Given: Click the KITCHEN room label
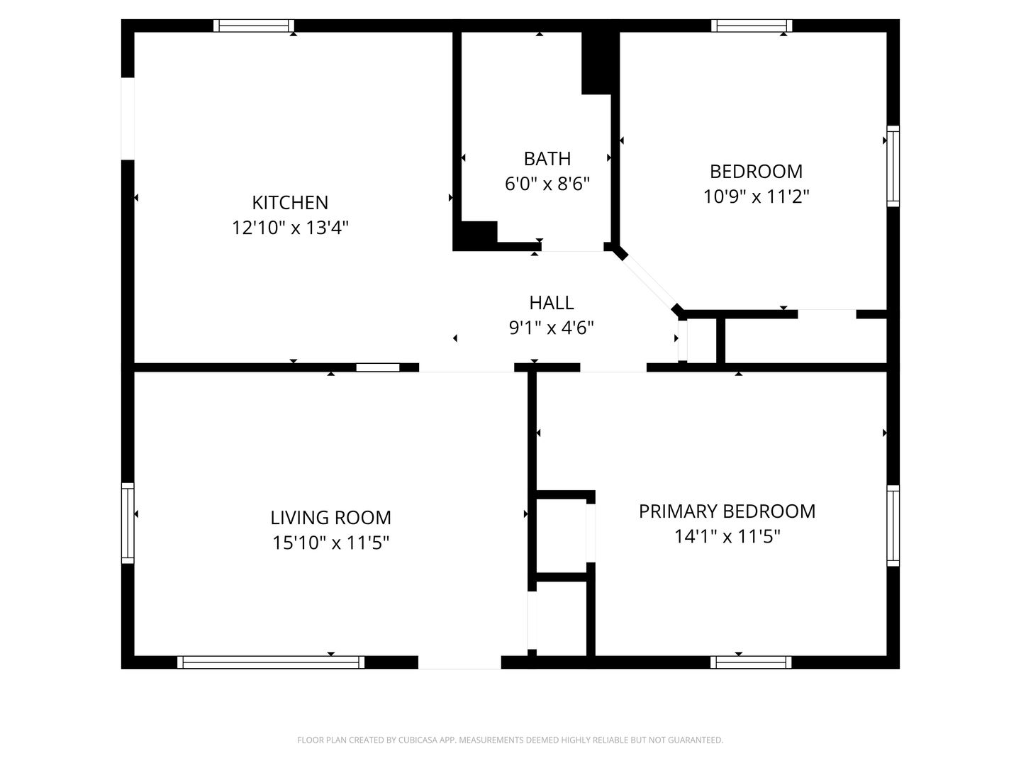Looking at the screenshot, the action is coord(290,203).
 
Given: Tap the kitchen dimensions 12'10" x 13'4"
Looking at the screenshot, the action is coord(290,228).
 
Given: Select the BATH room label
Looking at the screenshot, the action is coord(547,159).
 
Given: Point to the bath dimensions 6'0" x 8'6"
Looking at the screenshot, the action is coord(547,184).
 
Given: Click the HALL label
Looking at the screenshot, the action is coord(551,303).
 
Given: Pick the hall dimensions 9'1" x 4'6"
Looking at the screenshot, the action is coord(551,328).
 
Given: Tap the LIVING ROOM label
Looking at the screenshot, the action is coord(330,518).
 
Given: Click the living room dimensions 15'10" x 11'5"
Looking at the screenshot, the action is coord(330,543).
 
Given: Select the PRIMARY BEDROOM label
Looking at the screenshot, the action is coord(727,511).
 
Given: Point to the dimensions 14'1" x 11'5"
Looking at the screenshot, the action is coord(727,537).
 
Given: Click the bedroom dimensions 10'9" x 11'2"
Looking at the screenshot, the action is coord(756,196).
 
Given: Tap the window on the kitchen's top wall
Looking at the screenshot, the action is coord(254,26).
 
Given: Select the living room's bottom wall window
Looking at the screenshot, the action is coord(271,662).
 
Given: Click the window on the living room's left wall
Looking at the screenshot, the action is coord(128,523).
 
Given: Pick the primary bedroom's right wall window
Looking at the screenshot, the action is coord(893,526).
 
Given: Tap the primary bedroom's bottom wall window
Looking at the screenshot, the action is coord(751,662).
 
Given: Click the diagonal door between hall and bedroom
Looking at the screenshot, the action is coord(649,282).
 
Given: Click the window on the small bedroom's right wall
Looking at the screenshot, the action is coord(893,166).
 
